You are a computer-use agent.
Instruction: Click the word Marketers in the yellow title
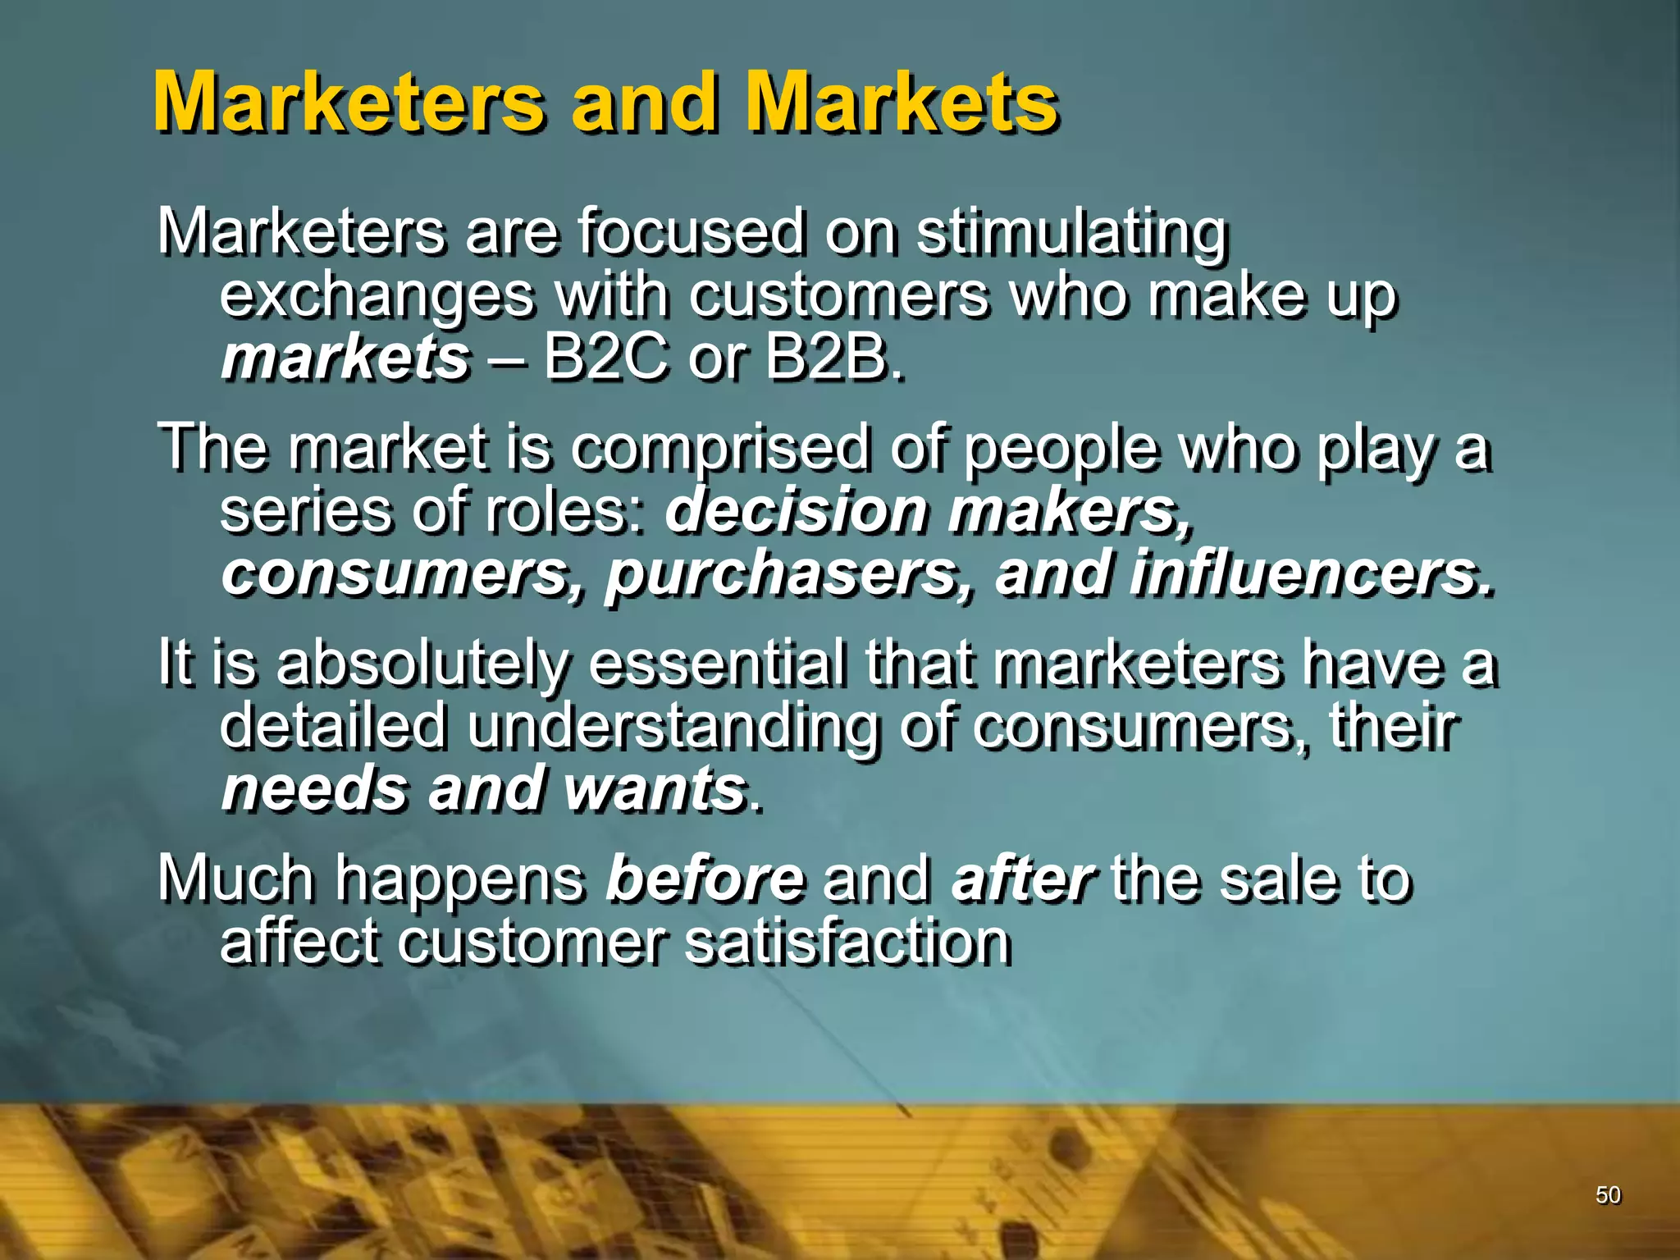point(349,103)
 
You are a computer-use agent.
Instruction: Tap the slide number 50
point(1608,1195)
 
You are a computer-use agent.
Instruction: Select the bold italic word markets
point(345,358)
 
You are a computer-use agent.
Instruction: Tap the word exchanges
point(377,296)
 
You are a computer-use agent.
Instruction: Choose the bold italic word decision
point(796,510)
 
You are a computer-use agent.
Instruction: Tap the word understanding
point(673,727)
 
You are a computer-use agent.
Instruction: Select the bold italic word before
point(705,879)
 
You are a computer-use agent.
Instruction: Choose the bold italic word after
point(1022,879)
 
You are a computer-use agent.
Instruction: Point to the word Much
point(237,879)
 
